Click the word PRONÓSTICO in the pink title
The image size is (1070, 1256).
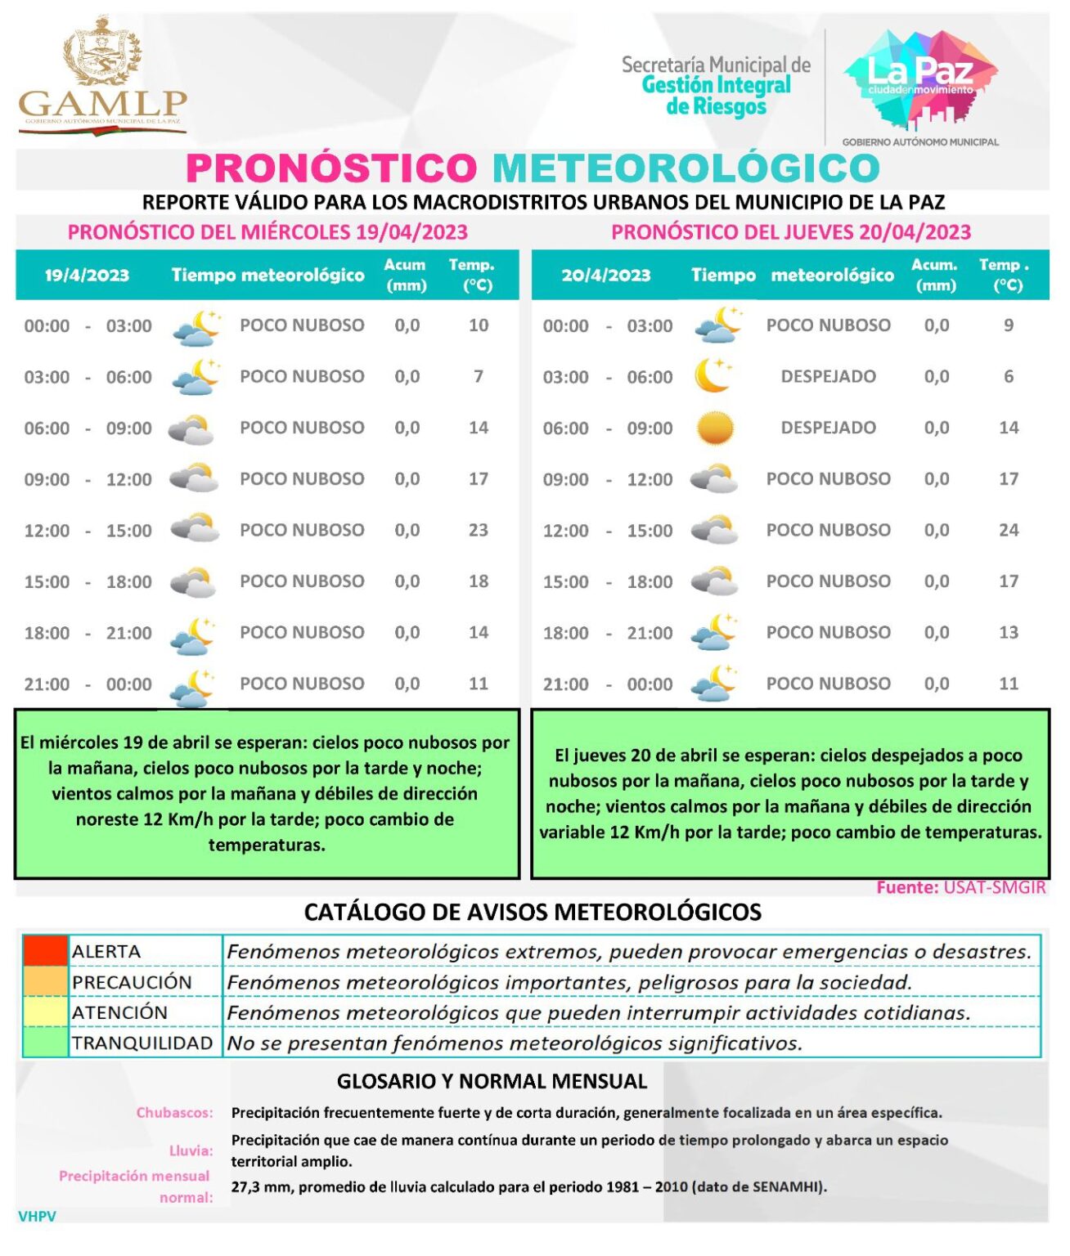click(x=331, y=168)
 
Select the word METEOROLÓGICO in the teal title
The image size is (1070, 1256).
click(x=686, y=168)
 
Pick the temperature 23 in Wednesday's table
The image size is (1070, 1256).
click(x=479, y=531)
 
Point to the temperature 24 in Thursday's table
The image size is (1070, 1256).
click(x=1009, y=531)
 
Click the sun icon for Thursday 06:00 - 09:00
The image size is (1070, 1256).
click(x=714, y=428)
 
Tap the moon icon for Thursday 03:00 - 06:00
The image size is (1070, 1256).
click(x=713, y=376)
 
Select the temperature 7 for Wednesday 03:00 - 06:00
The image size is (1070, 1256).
click(x=479, y=377)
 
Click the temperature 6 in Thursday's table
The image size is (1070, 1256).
click(x=1009, y=377)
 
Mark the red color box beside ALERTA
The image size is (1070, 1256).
click(x=45, y=952)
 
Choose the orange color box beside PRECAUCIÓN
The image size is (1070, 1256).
click(x=45, y=982)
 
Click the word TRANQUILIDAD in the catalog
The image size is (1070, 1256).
click(x=142, y=1043)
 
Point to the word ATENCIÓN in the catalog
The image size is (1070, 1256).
click(x=119, y=1013)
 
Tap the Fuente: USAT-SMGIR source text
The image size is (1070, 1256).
click(x=960, y=888)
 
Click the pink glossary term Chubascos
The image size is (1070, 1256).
click(x=174, y=1113)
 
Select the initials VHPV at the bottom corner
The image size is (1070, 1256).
click(x=37, y=1217)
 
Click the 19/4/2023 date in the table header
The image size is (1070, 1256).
click(x=87, y=276)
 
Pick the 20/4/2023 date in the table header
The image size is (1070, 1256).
click(x=605, y=276)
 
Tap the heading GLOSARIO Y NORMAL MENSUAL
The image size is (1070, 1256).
click(x=492, y=1082)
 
